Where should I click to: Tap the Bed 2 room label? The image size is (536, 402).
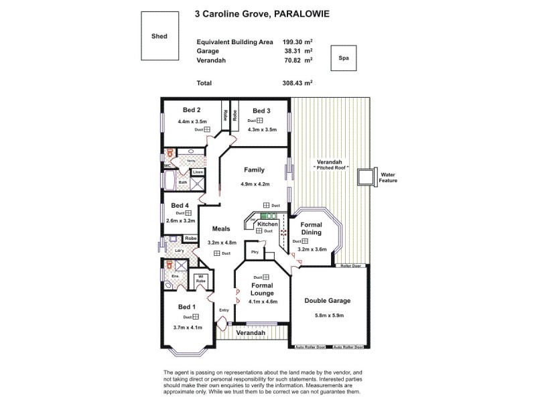pos(192,110)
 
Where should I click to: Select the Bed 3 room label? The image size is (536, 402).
pos(261,110)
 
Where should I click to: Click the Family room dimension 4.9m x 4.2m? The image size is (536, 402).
pos(255,184)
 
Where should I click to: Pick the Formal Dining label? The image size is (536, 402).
pos(312,228)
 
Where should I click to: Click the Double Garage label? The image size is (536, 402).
pos(328,301)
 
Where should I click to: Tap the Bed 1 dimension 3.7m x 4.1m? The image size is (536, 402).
pos(187,328)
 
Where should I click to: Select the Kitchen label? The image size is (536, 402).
pos(258,224)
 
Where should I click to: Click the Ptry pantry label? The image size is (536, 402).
pos(255,252)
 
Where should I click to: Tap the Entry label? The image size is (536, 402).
pos(224,310)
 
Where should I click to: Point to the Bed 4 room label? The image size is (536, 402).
pos(180,205)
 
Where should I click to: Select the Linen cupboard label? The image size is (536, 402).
pos(198,172)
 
